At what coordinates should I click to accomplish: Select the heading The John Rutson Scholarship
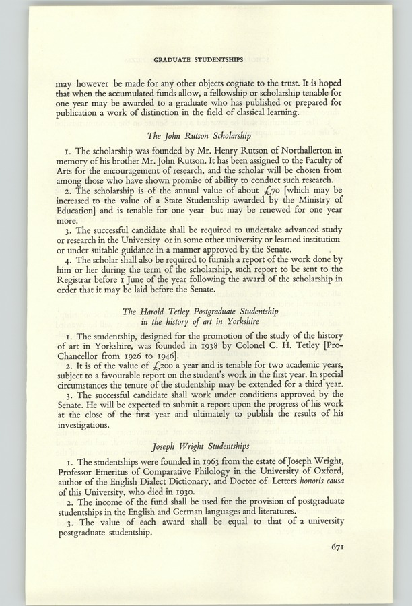pos(206,133)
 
